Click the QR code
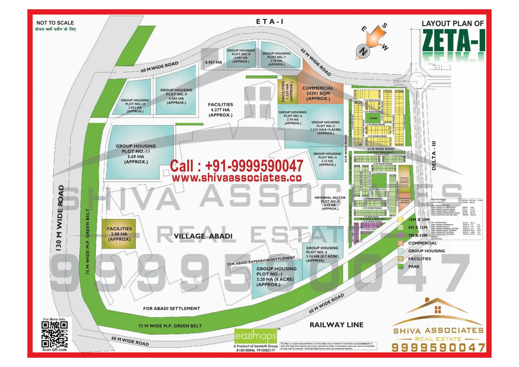pyautogui.click(x=54, y=334)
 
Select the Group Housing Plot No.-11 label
pyautogui.click(x=136, y=154)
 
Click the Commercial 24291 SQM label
pyautogui.click(x=318, y=93)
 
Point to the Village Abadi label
pyautogui.click(x=203, y=236)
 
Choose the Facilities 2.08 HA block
pyautogui.click(x=119, y=234)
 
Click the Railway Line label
pyautogui.click(x=336, y=325)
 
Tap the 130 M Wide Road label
pyautogui.click(x=60, y=218)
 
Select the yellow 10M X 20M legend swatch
pyautogui.click(x=400, y=219)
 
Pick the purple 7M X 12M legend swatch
pyautogui.click(x=400, y=235)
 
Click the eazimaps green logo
pyautogui.click(x=255, y=336)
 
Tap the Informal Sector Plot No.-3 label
pyautogui.click(x=330, y=203)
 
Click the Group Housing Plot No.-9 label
pyautogui.click(x=176, y=96)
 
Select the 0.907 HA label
pyautogui.click(x=213, y=62)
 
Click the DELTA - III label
pyautogui.click(x=434, y=155)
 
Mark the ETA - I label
pyautogui.click(x=270, y=22)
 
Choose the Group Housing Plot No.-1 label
pyautogui.click(x=276, y=276)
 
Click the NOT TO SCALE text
pyautogui.click(x=55, y=23)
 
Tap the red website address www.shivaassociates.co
pyautogui.click(x=237, y=178)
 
